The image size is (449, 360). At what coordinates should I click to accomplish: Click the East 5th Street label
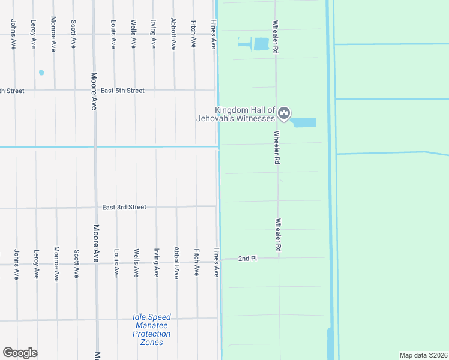tap(122, 91)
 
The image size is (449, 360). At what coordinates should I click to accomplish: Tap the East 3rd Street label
tap(124, 207)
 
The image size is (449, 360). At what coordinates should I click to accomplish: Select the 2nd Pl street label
tap(247, 259)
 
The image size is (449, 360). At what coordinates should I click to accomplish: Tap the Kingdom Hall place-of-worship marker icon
tap(285, 113)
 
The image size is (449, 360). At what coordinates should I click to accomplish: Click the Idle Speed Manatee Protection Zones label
tap(152, 329)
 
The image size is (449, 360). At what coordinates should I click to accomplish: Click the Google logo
tap(20, 353)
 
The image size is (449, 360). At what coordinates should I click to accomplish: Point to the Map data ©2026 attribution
tap(423, 355)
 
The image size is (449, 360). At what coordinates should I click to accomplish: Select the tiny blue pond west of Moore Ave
tap(41, 73)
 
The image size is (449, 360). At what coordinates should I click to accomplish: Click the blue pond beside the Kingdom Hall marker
tap(303, 122)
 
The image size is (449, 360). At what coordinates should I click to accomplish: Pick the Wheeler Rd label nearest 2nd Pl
tap(278, 235)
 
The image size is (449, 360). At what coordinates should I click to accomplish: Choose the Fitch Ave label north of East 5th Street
tap(193, 34)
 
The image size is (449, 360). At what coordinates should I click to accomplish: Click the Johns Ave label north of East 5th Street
tap(13, 34)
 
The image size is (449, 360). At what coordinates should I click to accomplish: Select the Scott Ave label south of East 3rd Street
tap(76, 263)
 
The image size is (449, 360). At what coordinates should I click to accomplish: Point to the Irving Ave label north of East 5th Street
tap(153, 34)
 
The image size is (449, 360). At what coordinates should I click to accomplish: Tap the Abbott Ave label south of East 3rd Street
tap(176, 263)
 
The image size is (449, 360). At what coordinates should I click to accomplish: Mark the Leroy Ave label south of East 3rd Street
tap(37, 263)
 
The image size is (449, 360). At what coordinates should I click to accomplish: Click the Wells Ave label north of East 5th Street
tap(133, 34)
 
